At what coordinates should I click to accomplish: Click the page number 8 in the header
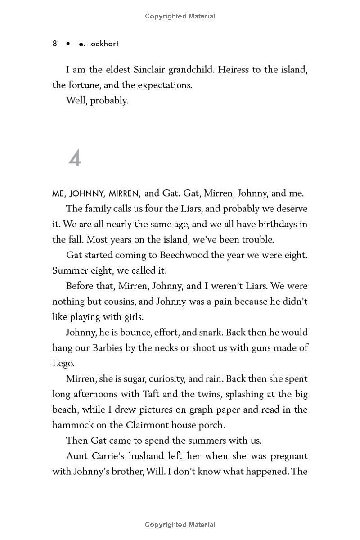click(x=54, y=44)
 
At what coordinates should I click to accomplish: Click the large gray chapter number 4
click(x=75, y=158)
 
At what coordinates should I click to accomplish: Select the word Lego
click(x=62, y=364)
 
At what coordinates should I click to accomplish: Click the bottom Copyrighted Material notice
click(x=180, y=524)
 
